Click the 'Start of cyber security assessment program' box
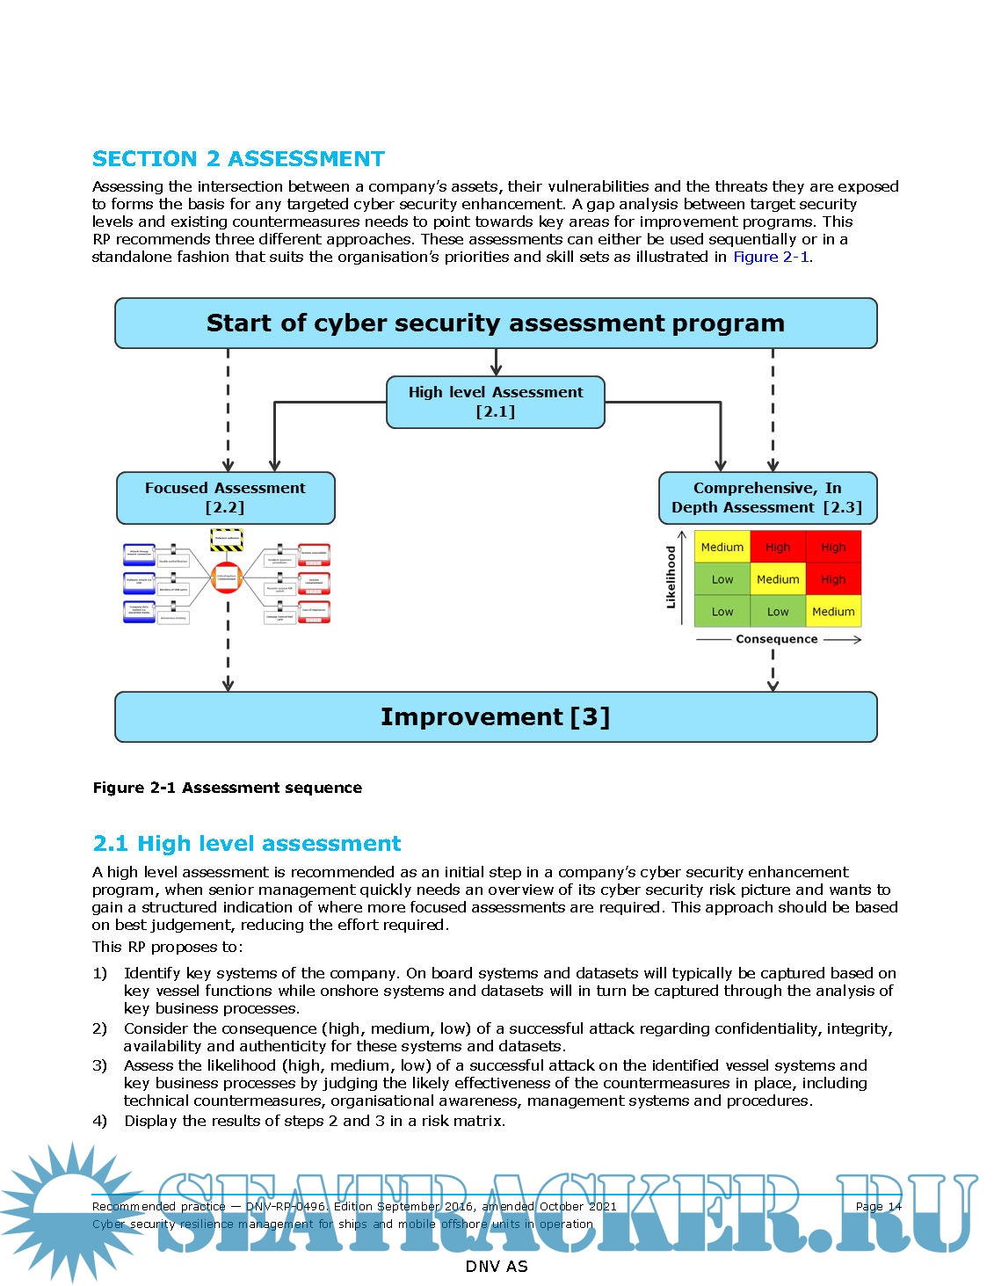[x=496, y=323]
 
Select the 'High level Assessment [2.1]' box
[x=496, y=402]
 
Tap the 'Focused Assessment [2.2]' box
[x=225, y=498]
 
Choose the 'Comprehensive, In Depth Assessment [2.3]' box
[x=766, y=498]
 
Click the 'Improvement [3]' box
[x=496, y=717]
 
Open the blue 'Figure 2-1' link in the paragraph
[x=771, y=257]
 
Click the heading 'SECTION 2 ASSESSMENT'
[x=238, y=159]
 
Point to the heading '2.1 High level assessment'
[x=247, y=844]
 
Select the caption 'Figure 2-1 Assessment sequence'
[x=227, y=788]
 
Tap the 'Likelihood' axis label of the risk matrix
[x=671, y=578]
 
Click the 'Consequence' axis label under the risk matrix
[x=777, y=639]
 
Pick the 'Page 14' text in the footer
[x=878, y=1206]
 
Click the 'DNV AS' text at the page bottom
[x=496, y=1267]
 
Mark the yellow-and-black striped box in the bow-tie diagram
[x=227, y=539]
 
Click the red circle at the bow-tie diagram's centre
[x=227, y=578]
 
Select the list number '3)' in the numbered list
[x=100, y=1065]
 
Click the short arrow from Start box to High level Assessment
[x=496, y=362]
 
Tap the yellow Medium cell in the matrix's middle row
[x=778, y=579]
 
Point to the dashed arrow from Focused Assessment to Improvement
[x=228, y=650]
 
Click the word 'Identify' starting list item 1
[x=150, y=973]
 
